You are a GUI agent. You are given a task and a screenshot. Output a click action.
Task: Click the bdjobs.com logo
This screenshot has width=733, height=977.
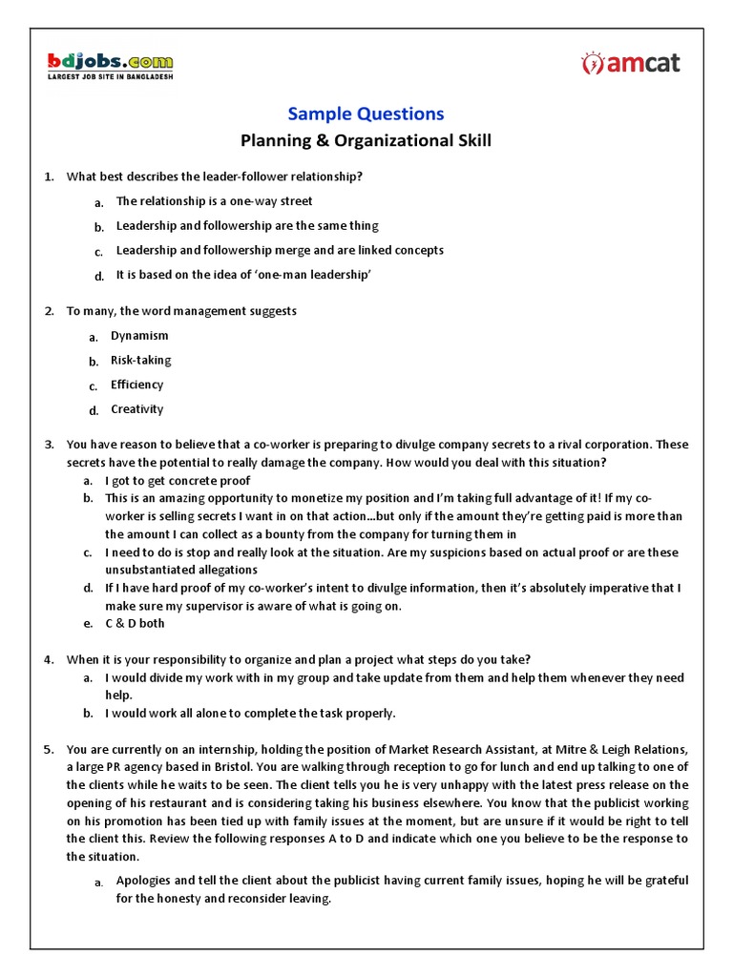111,62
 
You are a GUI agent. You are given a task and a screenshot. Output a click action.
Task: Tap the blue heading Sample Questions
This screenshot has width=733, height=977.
366,114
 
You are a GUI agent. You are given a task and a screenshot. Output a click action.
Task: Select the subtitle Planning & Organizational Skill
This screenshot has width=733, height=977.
366,142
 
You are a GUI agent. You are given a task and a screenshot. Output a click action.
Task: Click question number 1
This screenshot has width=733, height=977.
50,177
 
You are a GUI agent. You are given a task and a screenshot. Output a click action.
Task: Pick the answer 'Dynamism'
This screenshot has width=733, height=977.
139,336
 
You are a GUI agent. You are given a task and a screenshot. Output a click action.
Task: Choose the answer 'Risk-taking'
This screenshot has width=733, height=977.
141,361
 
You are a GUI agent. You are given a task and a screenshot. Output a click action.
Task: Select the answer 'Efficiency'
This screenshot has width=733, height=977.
137,385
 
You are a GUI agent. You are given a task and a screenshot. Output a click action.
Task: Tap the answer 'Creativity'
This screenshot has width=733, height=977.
137,409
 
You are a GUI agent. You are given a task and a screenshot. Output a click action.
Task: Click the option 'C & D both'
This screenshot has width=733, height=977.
136,623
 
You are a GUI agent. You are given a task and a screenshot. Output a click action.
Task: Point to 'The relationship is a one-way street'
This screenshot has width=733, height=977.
214,201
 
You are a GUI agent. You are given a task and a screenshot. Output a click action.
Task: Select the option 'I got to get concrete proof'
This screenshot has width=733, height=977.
178,481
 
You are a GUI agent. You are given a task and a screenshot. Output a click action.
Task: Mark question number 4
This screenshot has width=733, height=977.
50,659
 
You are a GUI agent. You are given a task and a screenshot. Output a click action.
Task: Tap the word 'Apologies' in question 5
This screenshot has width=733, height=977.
144,881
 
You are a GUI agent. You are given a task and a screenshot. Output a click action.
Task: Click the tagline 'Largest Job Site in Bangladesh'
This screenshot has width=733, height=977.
111,77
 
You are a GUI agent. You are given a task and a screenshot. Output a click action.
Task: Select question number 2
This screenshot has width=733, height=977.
50,311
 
